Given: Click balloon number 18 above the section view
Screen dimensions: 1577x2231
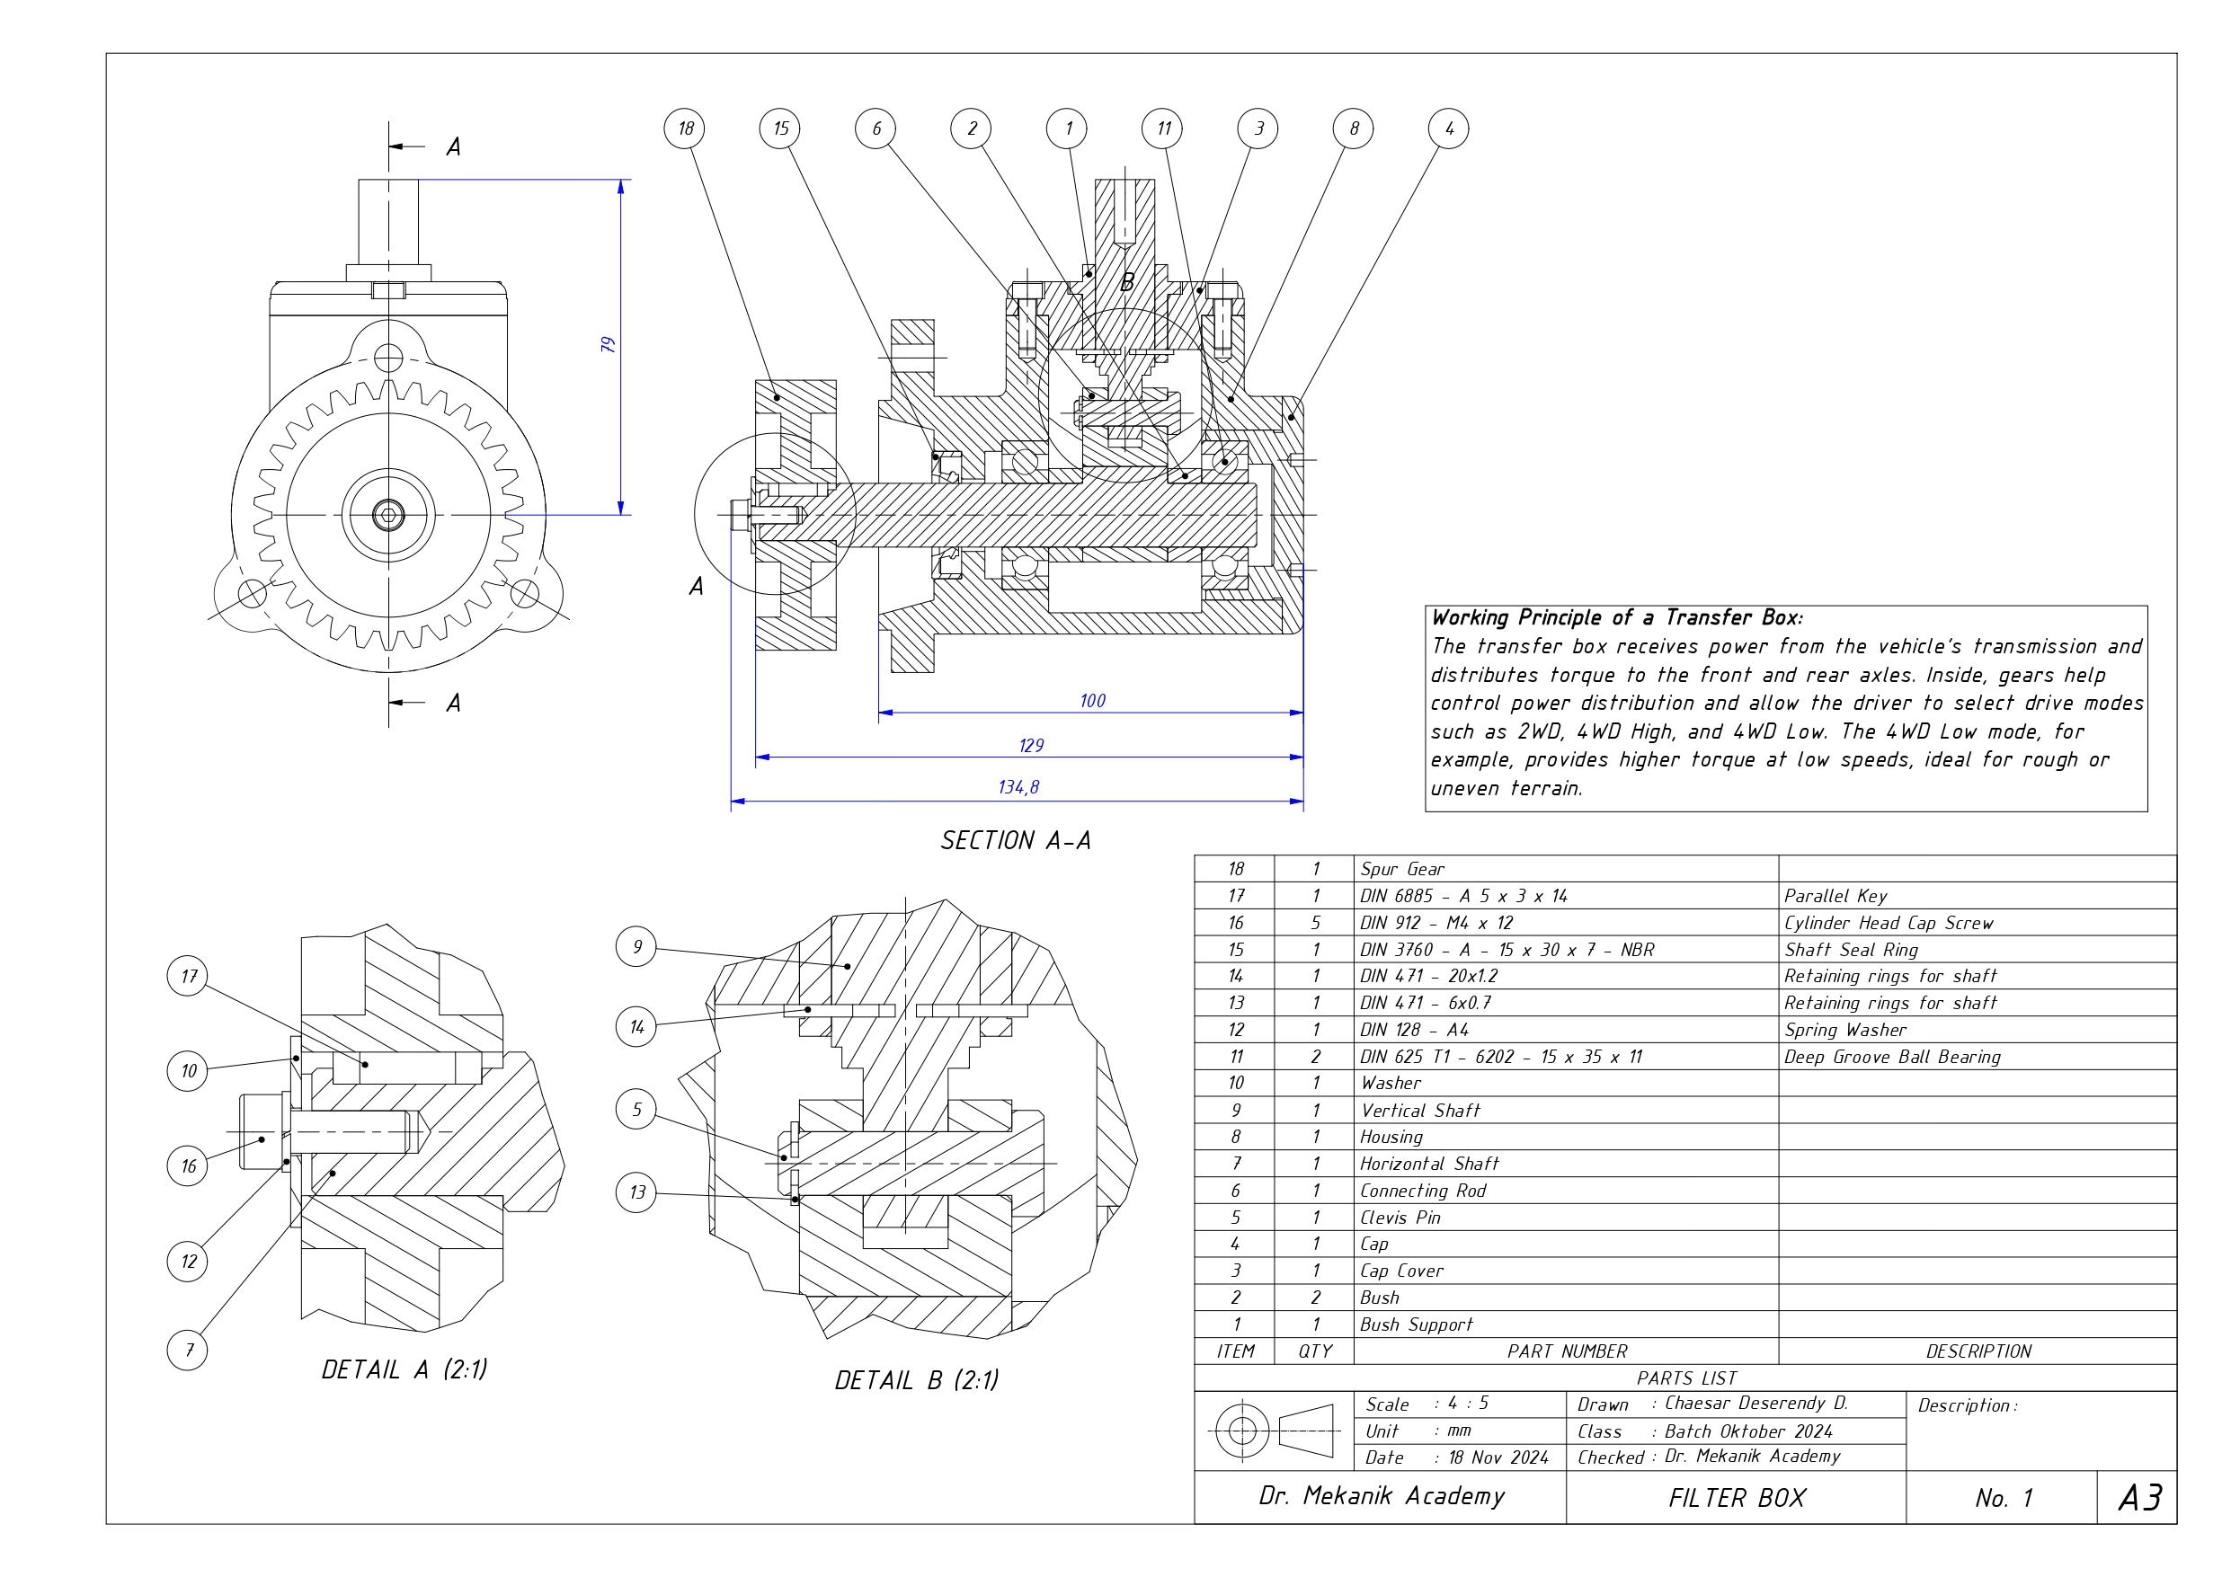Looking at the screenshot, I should [x=685, y=128].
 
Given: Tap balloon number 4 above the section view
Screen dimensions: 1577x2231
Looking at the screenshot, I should [x=1448, y=128].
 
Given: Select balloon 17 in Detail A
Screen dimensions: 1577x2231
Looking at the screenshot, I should [x=188, y=976].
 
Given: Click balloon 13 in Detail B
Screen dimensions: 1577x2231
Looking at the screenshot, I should [x=636, y=1192].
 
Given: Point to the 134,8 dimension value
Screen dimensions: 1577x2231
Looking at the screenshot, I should [x=1018, y=787].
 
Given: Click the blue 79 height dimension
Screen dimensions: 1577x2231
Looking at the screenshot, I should [x=609, y=345].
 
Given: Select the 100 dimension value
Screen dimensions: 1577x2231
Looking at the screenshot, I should [x=1092, y=701].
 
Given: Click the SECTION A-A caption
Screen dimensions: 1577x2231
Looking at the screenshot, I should [x=1016, y=840].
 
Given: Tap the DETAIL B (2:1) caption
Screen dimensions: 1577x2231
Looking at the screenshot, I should [x=916, y=1379].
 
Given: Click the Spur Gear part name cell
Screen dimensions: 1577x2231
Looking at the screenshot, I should [x=1402, y=870].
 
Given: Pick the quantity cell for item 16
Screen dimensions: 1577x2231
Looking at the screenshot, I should [x=1315, y=923].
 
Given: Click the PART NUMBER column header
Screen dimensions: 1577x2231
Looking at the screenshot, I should [x=1567, y=1351].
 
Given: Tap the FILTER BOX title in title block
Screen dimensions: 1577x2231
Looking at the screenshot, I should [x=1737, y=1498].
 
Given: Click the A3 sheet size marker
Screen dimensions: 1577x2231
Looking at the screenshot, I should [x=2140, y=1497].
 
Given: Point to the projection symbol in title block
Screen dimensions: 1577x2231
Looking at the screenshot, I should [x=1272, y=1431].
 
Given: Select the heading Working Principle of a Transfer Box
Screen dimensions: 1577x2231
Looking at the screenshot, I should [x=1617, y=618].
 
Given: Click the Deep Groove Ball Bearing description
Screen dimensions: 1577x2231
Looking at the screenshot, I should [x=1892, y=1057].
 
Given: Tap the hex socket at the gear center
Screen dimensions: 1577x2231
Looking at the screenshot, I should [x=388, y=514].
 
